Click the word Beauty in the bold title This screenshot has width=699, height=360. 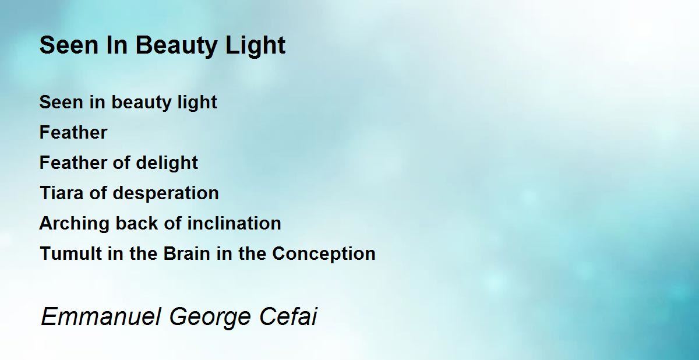[x=176, y=46]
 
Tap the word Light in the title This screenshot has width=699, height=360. [x=255, y=46]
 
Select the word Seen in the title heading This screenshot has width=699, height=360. [x=69, y=45]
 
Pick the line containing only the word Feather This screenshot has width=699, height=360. [x=73, y=132]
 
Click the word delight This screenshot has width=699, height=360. [x=167, y=163]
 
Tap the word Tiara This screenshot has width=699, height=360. [x=62, y=193]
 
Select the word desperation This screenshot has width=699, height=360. [x=165, y=193]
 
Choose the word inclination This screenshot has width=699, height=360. [x=234, y=223]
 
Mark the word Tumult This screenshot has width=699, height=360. [x=71, y=253]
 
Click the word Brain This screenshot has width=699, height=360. [x=186, y=253]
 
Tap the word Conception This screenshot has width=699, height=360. [x=324, y=254]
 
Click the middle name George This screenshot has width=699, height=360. [x=210, y=317]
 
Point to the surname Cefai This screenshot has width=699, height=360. [x=288, y=317]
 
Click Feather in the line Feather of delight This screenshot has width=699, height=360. [x=73, y=163]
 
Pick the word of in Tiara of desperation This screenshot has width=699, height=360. [x=98, y=193]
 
